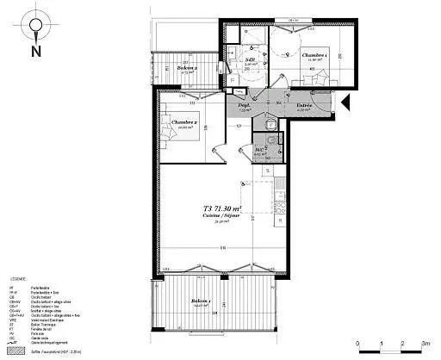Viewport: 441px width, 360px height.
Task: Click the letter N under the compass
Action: pyautogui.click(x=34, y=51)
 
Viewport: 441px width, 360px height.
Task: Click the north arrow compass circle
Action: pyautogui.click(x=34, y=25)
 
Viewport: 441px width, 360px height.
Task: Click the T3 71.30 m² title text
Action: pyautogui.click(x=223, y=208)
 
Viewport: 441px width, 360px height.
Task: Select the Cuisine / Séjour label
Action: pyautogui.click(x=223, y=215)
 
